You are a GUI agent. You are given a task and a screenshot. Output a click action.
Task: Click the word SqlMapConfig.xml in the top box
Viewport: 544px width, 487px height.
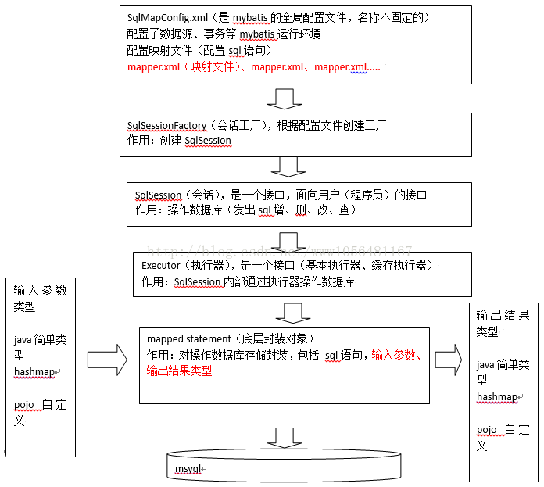(x=167, y=18)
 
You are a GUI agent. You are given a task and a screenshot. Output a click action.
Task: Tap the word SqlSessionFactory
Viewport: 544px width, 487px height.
(x=167, y=126)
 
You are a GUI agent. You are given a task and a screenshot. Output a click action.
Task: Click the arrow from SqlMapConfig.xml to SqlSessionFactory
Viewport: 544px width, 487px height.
(x=285, y=98)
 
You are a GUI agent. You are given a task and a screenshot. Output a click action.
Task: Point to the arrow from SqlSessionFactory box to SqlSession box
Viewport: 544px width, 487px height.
(x=288, y=167)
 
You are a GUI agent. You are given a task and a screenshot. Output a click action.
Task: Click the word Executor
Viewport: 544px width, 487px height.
(x=161, y=265)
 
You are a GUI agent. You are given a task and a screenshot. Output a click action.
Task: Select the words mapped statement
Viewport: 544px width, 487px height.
(x=188, y=339)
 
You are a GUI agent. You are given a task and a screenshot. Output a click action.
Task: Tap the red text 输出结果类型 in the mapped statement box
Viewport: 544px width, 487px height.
(x=179, y=371)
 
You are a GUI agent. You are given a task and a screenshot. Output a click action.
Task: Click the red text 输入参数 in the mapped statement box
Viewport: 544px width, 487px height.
(x=393, y=355)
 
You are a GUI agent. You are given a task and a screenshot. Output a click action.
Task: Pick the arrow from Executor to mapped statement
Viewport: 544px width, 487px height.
(x=293, y=313)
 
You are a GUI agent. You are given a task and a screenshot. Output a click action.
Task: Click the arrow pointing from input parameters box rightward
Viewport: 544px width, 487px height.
(x=108, y=360)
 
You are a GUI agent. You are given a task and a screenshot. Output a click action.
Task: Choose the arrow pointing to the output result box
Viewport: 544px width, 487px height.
(x=449, y=360)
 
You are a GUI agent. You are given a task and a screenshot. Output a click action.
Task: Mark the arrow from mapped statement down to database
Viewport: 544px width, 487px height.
(x=285, y=438)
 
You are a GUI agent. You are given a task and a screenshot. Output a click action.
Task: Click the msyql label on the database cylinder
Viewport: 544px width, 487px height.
(x=188, y=469)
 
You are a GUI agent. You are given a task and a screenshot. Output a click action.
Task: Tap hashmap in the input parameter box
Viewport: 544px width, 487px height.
(x=34, y=371)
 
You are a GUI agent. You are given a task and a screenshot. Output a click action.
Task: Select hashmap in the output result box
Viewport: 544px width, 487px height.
(x=497, y=396)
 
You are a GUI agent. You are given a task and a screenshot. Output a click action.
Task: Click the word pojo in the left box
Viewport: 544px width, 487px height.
(x=24, y=405)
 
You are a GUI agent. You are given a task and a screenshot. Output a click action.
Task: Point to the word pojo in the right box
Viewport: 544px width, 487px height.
(x=487, y=430)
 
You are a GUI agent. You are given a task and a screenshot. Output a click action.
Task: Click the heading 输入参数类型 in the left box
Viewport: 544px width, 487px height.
(x=40, y=298)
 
